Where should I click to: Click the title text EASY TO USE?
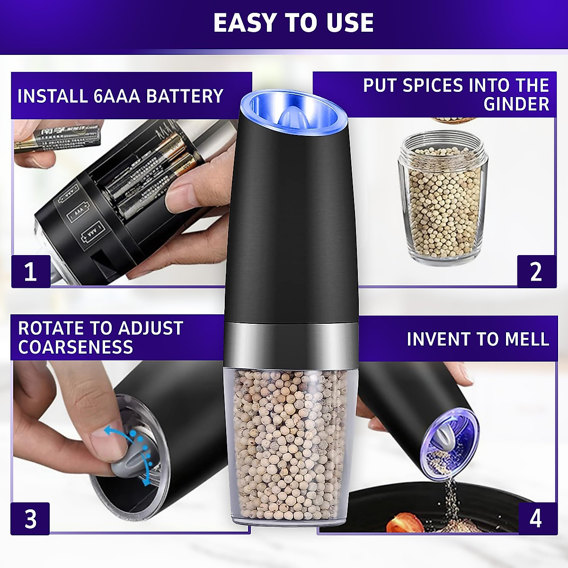click(293, 23)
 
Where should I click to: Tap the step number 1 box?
click(30, 271)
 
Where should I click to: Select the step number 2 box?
click(536, 271)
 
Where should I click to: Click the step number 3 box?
click(30, 518)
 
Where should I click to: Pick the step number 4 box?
click(535, 518)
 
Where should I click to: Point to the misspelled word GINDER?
click(516, 104)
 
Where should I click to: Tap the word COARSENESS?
click(76, 347)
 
